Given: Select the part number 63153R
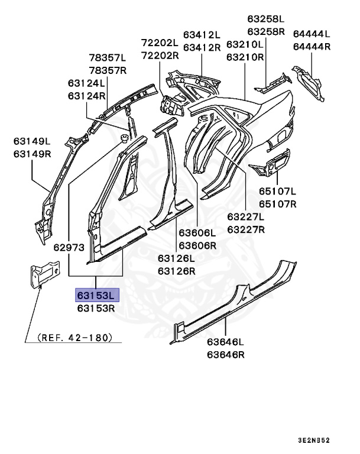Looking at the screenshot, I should tap(96, 308).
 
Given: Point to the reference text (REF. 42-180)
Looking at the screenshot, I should tap(74, 338).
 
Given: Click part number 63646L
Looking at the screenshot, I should tap(225, 342).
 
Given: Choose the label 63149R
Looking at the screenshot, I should tap(33, 154).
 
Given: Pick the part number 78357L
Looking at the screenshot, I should tap(108, 58).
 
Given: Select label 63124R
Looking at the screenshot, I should tap(86, 96).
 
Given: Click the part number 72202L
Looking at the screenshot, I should tap(160, 43).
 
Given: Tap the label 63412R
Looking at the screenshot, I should tap(202, 47).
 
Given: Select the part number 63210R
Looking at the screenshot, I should tap(245, 57).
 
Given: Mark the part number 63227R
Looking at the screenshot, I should tap(246, 229).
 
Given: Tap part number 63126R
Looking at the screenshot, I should tap(176, 271).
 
